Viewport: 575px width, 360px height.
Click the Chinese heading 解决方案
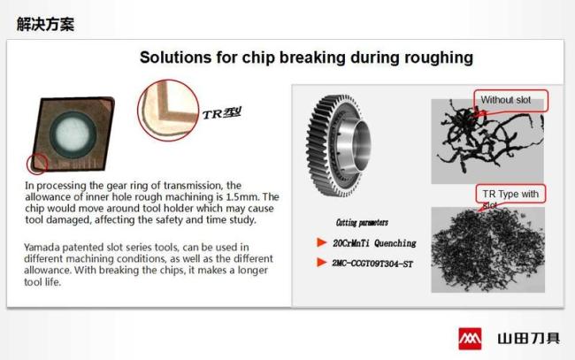tap(45, 24)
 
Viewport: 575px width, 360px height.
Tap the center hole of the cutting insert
tap(73, 134)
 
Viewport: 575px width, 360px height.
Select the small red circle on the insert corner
tap(37, 164)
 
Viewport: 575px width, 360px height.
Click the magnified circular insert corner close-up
tap(168, 110)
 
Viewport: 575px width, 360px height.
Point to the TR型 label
tap(221, 113)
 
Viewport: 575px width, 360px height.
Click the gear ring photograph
tap(339, 145)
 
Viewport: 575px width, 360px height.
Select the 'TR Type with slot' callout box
tap(510, 195)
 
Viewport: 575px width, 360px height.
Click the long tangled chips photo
tap(487, 142)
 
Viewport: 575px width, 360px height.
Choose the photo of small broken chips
tap(487, 250)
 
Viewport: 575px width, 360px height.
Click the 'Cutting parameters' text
tap(362, 223)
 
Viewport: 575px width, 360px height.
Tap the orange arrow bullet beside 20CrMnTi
tap(322, 242)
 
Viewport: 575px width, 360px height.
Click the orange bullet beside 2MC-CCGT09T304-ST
tap(322, 263)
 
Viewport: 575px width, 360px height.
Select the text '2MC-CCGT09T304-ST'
tap(372, 264)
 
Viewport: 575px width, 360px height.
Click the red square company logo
tap(470, 339)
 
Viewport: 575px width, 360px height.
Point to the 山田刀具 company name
tap(529, 339)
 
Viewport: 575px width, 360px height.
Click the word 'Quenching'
tap(395, 243)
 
